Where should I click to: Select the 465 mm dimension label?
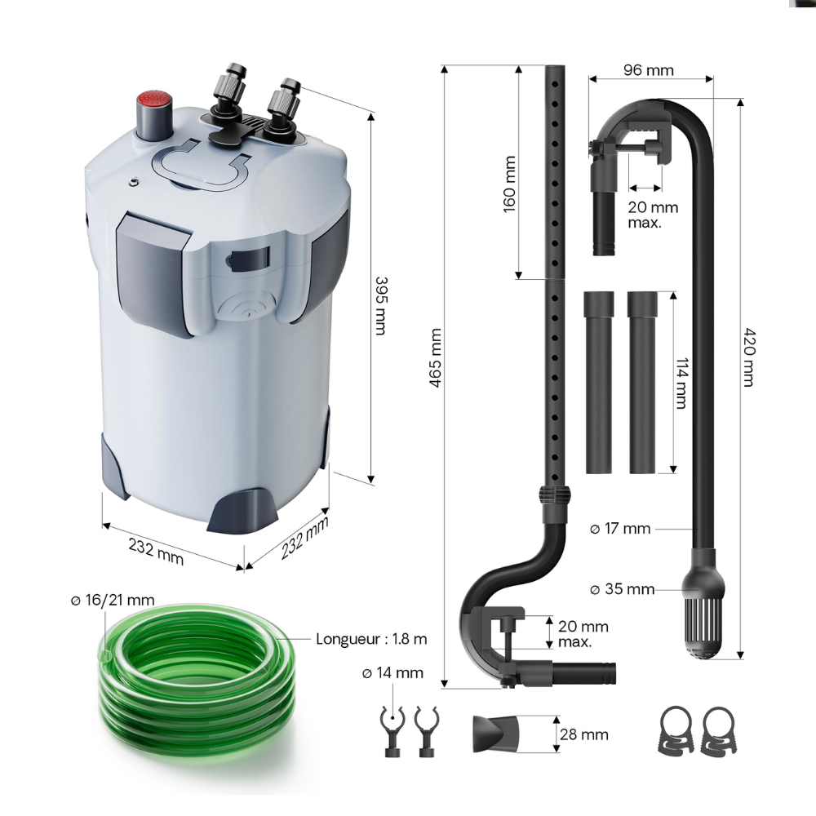coord(435,357)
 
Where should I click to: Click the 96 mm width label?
coord(649,70)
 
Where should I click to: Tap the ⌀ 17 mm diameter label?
coord(620,529)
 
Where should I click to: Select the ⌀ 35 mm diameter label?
coord(623,588)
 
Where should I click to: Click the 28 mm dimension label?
coord(584,734)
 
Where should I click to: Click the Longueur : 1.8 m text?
coord(371,638)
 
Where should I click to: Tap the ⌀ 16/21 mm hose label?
coord(112,601)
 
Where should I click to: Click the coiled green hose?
coord(193,683)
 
